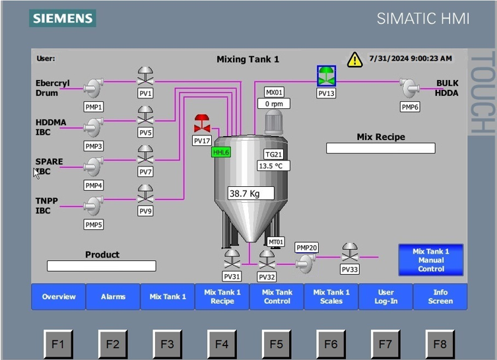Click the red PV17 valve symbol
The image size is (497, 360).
(x=202, y=124)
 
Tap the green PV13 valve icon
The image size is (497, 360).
(x=326, y=76)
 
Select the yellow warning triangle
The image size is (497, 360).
(x=354, y=59)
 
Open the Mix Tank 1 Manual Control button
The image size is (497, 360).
(x=431, y=260)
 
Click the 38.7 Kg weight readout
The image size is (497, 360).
(x=251, y=193)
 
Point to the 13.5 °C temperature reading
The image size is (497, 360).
(x=273, y=166)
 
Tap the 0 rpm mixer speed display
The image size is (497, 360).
(x=274, y=104)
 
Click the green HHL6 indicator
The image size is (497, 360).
(x=221, y=152)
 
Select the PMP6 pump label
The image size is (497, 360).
(x=410, y=107)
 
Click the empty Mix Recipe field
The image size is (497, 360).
(x=381, y=148)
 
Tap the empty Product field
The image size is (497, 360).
(x=102, y=266)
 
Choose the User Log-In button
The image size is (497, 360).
(x=385, y=297)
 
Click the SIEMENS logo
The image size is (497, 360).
(x=63, y=18)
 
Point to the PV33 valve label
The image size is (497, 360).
(x=350, y=270)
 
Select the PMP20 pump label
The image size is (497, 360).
(x=306, y=248)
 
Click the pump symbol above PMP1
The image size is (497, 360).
(x=94, y=87)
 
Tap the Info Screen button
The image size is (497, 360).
(x=440, y=297)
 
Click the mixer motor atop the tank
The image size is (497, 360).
(x=273, y=122)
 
